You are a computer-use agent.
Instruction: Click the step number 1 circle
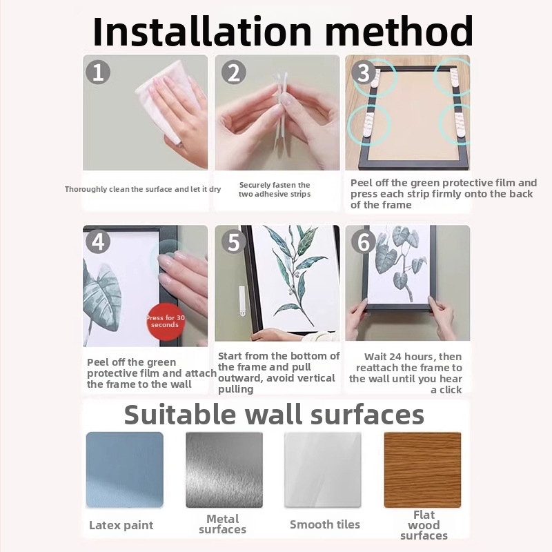coord(98,72)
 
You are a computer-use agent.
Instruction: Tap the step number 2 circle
coord(233,72)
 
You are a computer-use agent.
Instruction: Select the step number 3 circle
coord(364,72)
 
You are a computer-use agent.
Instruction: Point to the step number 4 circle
coord(98,241)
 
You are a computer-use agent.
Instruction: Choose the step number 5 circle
coord(233,241)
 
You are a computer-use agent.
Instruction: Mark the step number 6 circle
coord(364,241)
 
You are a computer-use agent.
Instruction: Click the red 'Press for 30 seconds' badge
coord(166,322)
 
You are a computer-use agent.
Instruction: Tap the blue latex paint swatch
coord(125,470)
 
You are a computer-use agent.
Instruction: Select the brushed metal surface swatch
coord(224,470)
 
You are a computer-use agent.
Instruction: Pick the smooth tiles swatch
coord(323,470)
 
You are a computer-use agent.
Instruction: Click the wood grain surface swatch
coord(422,470)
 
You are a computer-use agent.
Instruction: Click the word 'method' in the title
coord(399,31)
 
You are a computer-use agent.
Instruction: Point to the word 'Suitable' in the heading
coord(179,415)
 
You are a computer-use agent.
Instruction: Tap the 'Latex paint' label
coord(121,525)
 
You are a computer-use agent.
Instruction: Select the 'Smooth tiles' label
coord(325,524)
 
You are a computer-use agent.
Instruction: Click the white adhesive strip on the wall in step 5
coord(242,301)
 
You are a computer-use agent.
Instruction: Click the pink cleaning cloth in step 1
coord(166,102)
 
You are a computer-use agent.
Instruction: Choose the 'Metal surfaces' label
coord(222,524)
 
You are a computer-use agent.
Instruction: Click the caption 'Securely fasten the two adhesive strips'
coord(275,189)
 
